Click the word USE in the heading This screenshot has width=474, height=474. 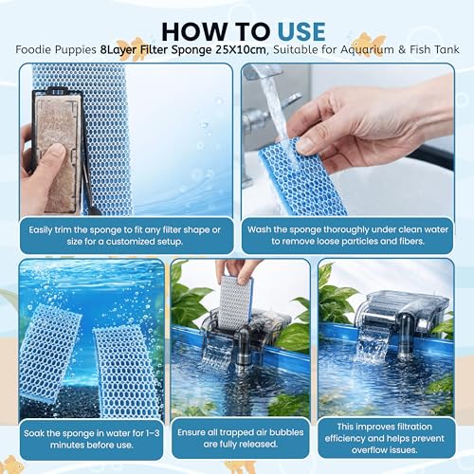coord(301,31)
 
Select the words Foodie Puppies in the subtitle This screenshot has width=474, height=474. coord(56,50)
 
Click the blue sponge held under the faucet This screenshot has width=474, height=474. coord(301,178)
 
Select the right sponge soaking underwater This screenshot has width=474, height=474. coord(126,372)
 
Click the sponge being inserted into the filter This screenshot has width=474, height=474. coord(236,301)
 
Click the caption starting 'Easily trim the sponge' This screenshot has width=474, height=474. coord(125,235)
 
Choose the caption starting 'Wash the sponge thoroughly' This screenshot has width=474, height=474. coord(348,235)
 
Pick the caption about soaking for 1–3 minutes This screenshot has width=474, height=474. coord(92,439)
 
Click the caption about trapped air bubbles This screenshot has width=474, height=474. coord(241,438)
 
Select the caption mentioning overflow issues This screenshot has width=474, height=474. coord(385,438)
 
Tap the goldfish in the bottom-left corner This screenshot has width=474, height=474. coord(12,465)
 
